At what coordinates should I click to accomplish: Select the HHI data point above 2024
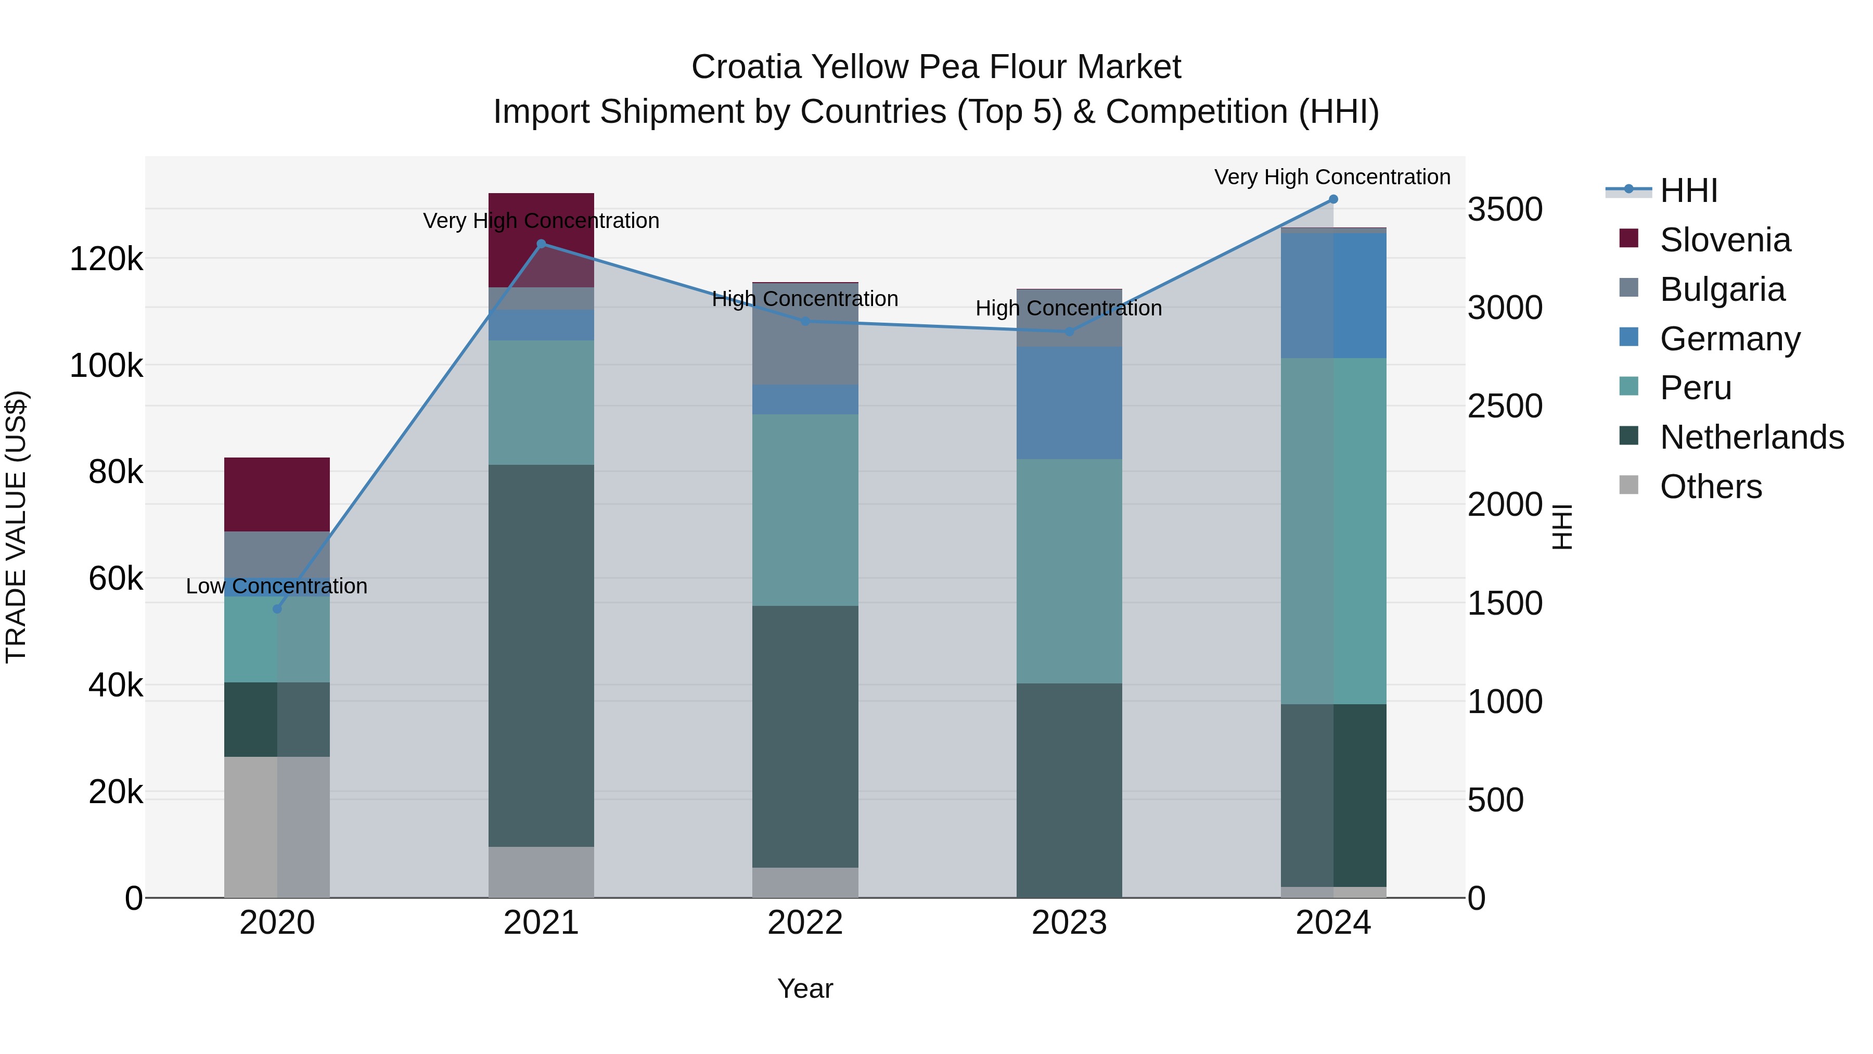click(x=1333, y=199)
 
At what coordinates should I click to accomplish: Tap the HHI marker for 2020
click(x=277, y=609)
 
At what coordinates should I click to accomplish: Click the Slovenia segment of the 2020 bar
click(x=277, y=494)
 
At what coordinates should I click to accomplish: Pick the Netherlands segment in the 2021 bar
click(x=541, y=655)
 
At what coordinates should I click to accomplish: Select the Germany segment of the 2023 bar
click(x=1069, y=402)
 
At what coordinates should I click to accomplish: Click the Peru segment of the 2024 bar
click(x=1333, y=530)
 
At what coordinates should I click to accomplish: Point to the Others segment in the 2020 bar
click(x=277, y=827)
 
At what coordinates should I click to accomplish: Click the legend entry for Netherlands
click(x=1751, y=437)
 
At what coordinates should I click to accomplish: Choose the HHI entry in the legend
click(x=1688, y=191)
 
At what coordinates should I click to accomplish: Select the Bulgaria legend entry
click(x=1722, y=289)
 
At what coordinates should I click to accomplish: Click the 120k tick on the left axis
click(x=106, y=259)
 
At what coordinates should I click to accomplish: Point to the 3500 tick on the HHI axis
click(x=1504, y=209)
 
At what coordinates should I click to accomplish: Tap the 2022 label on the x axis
click(x=805, y=923)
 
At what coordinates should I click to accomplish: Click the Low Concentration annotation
click(x=276, y=586)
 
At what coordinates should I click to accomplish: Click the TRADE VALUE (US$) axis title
click(x=16, y=527)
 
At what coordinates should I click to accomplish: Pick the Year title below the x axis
click(x=805, y=988)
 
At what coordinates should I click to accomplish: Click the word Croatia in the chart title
click(x=745, y=67)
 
